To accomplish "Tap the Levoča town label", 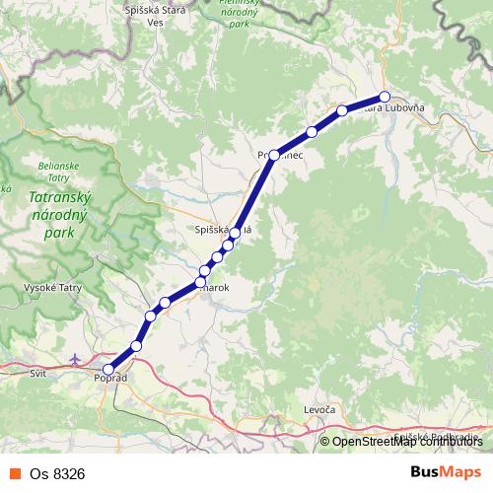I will tap(319, 409).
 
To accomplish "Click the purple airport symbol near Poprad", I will tap(78, 359).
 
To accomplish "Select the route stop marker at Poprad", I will tap(108, 370).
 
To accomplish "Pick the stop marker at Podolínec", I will tap(273, 155).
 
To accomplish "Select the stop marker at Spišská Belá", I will tap(235, 233).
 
